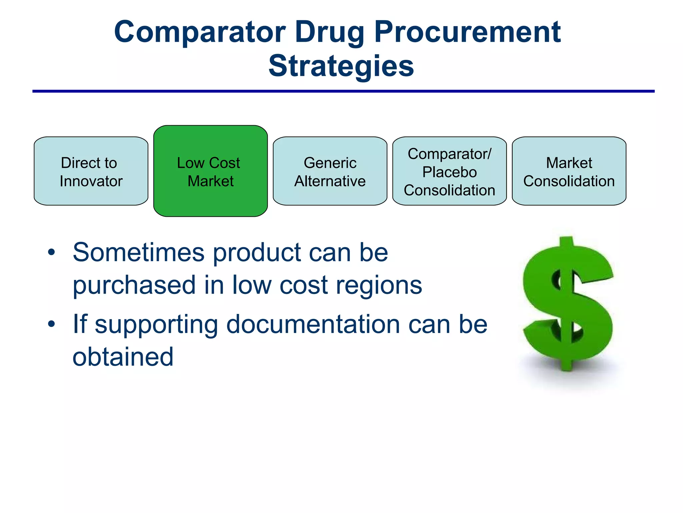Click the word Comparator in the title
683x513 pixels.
pyautogui.click(x=199, y=32)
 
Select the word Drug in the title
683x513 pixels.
pyautogui.click(x=329, y=33)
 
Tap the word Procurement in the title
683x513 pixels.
pyautogui.click(x=468, y=32)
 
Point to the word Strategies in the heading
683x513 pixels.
pyautogui.click(x=341, y=66)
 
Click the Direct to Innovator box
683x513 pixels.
pyautogui.click(x=91, y=171)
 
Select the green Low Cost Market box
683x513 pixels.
pyautogui.click(x=210, y=171)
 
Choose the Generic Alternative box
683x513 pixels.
pyautogui.click(x=330, y=171)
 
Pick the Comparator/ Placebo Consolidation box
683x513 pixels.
pyautogui.click(x=449, y=171)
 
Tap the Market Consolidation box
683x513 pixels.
pyautogui.click(x=569, y=171)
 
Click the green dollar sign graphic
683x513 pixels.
pyautogui.click(x=568, y=304)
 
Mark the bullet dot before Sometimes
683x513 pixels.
pyautogui.click(x=51, y=252)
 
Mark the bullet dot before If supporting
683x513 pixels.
pyautogui.click(x=51, y=324)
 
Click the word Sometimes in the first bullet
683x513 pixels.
pyautogui.click(x=138, y=252)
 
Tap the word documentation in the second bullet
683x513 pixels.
pyautogui.click(x=313, y=325)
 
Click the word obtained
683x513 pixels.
pyautogui.click(x=123, y=357)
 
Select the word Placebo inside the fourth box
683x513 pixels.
pyautogui.click(x=449, y=172)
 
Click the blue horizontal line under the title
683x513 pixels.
pyautogui.click(x=343, y=91)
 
